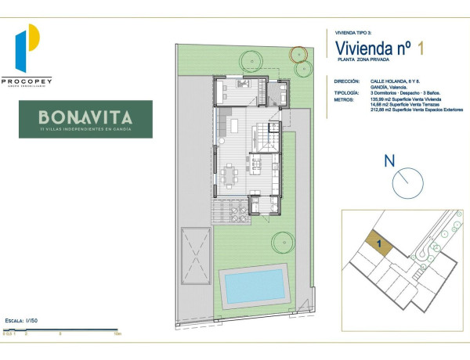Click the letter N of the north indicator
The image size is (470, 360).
tap(389, 162)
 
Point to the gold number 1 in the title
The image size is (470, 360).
tap(421, 48)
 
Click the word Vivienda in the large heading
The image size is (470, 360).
tap(362, 48)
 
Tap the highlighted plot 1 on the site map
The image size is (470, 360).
tap(378, 244)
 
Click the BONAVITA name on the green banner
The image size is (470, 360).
tap(85, 117)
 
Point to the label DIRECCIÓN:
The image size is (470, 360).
tap(346, 81)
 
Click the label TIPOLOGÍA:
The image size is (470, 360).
tap(346, 92)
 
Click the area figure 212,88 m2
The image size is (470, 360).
tap(381, 110)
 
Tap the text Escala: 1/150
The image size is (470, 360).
tap(22, 321)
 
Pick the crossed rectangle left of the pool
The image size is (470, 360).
tap(195, 255)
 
